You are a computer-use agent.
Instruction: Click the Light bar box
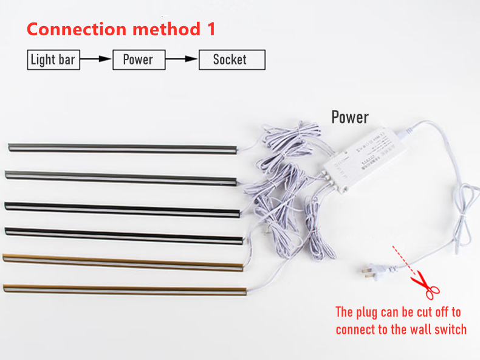pyautogui.click(x=53, y=60)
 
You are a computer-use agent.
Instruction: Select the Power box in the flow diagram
pyautogui.click(x=139, y=60)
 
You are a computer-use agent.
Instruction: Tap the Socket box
pyautogui.click(x=231, y=60)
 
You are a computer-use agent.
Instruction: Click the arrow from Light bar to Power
pyautogui.click(x=96, y=60)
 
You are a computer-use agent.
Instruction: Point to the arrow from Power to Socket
pyautogui.click(x=182, y=60)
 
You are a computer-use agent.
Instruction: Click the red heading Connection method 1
pyautogui.click(x=121, y=29)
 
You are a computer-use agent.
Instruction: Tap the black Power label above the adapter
pyautogui.click(x=350, y=117)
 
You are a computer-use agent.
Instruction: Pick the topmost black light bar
pyautogui.click(x=122, y=148)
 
